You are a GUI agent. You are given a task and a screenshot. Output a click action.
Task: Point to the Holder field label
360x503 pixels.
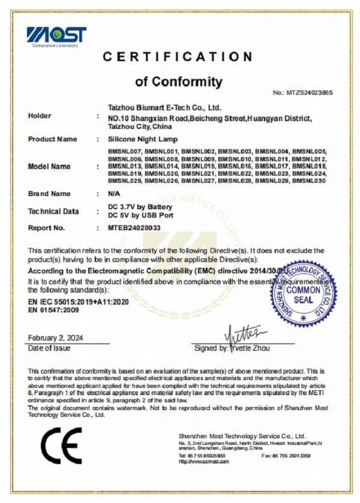40,116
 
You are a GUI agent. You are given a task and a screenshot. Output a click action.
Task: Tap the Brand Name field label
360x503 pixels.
49,194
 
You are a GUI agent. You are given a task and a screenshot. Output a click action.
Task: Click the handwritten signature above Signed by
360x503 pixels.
242,332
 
